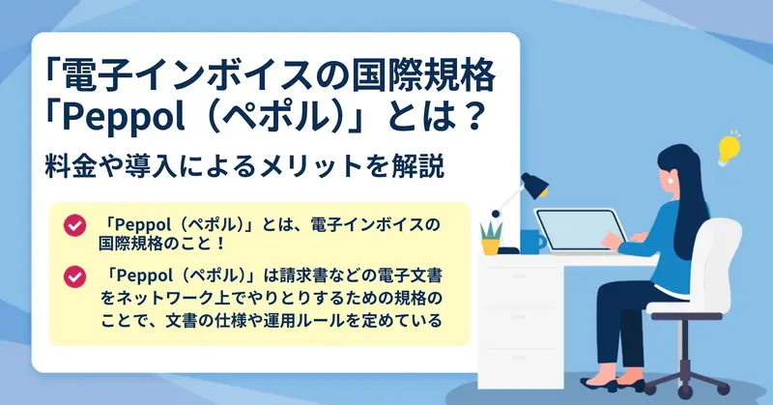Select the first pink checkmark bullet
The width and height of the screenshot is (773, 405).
tap(74, 225)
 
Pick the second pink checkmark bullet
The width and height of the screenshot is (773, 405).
tap(74, 276)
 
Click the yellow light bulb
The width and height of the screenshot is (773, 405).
tap(729, 149)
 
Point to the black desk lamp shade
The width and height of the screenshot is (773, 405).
tap(534, 185)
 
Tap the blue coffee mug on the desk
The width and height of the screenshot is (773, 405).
tap(532, 242)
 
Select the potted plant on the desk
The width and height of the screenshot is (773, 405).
tap(491, 239)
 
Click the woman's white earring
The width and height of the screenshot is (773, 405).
tap(671, 180)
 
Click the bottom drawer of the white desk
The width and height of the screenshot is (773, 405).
tap(520, 368)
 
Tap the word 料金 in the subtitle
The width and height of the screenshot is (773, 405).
tap(69, 166)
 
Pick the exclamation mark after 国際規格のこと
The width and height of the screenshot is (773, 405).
tap(220, 244)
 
